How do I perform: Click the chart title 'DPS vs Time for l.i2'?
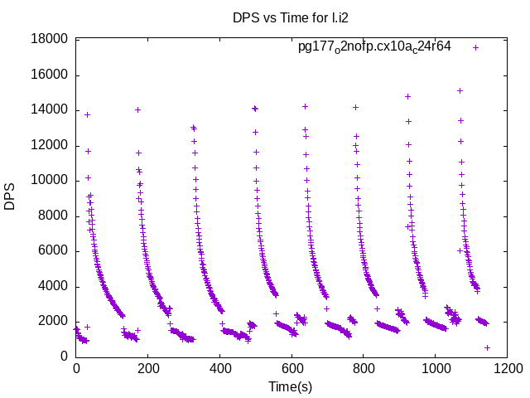(x=285, y=17)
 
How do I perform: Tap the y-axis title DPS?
(x=10, y=197)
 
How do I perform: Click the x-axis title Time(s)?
(x=291, y=386)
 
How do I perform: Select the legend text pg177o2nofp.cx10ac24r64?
(x=374, y=47)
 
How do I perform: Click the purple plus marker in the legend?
(x=475, y=47)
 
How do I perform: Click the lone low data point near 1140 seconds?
(x=487, y=347)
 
